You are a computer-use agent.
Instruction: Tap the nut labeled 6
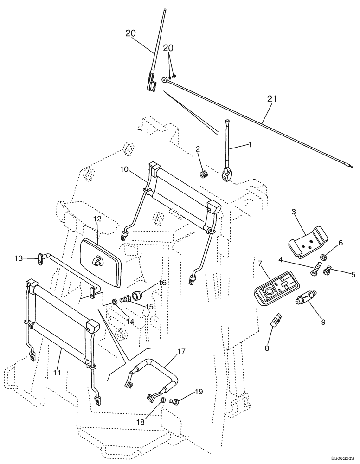[x=323, y=257]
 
